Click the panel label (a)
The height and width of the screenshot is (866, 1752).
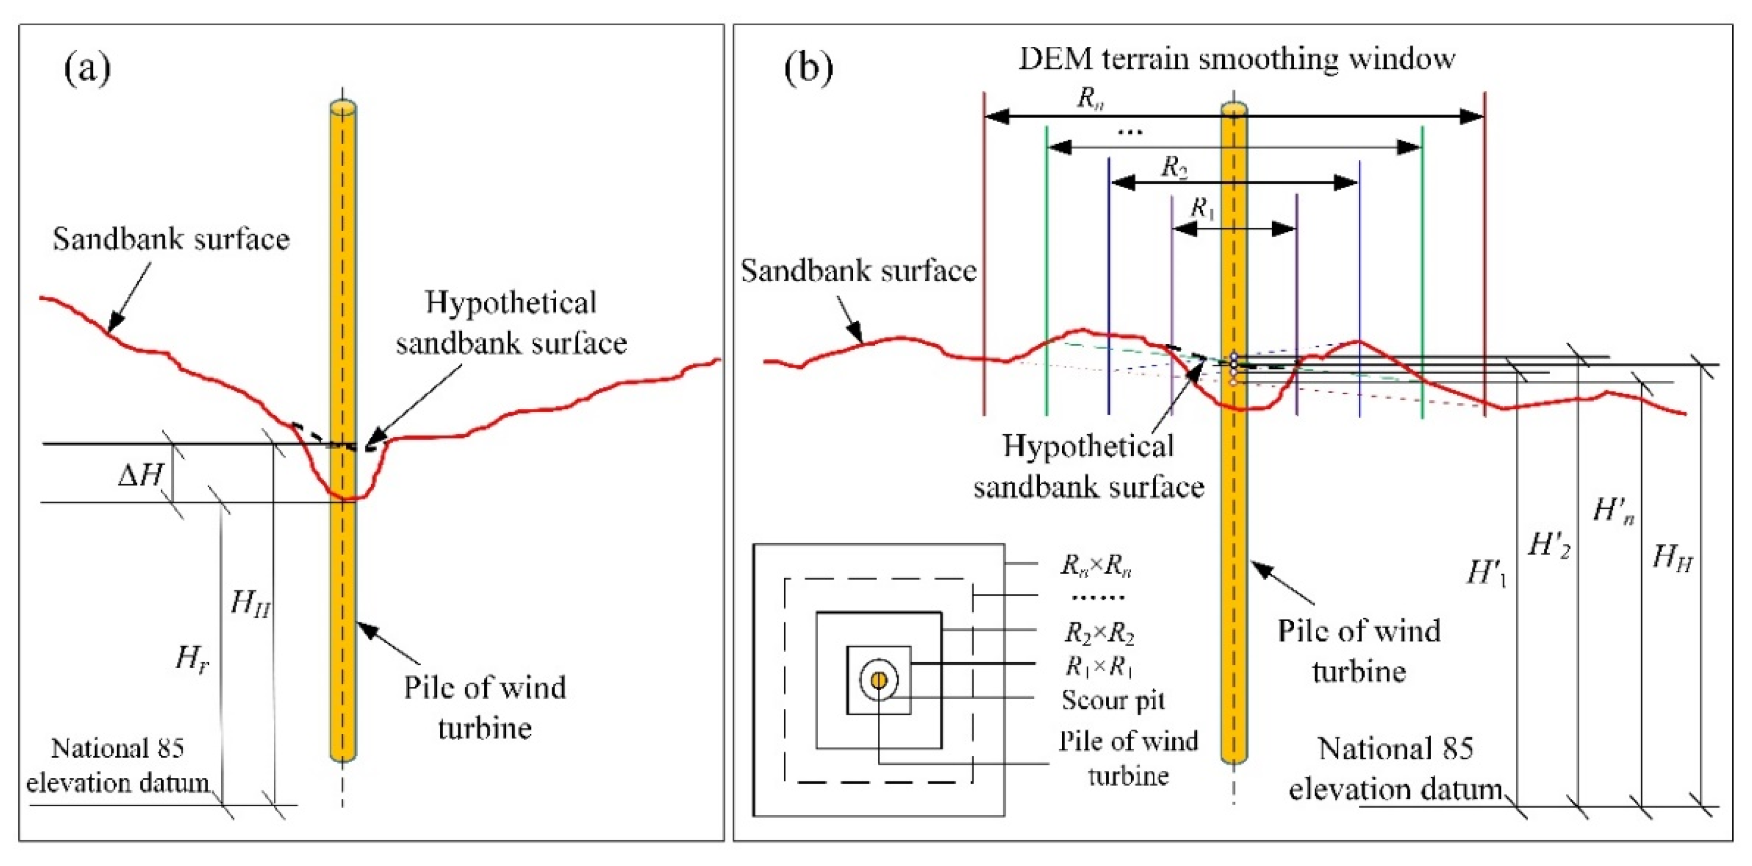click(87, 68)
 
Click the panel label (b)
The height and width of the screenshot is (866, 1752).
click(808, 68)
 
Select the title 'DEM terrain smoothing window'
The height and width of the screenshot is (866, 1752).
click(1237, 59)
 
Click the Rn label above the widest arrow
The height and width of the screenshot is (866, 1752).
click(1090, 98)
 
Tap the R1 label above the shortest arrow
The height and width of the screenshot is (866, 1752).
click(1202, 208)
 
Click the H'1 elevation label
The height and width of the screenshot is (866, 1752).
click(1487, 573)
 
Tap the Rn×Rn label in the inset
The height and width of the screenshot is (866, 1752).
click(1096, 565)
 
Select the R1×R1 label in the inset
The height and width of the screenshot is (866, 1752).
click(1099, 666)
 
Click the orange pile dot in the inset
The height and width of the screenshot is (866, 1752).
click(879, 679)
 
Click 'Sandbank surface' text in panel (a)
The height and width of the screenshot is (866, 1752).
click(172, 239)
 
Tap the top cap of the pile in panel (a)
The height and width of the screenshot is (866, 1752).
click(343, 108)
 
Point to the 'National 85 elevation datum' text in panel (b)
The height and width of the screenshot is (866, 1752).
click(1395, 769)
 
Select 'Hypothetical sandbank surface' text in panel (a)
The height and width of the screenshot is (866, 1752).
click(511, 322)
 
